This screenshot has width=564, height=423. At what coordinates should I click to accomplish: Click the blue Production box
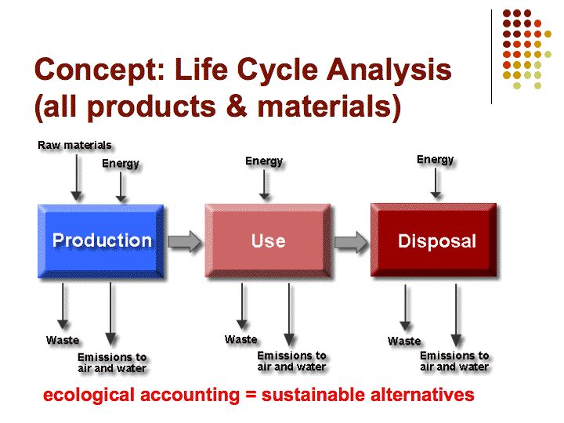[x=101, y=241]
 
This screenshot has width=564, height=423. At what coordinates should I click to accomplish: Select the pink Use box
[x=268, y=240]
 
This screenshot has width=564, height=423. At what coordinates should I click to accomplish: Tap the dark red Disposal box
[x=433, y=240]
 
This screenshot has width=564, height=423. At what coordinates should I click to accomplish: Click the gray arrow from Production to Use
[x=185, y=241]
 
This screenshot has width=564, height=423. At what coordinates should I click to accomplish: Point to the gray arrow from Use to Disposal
[x=351, y=242]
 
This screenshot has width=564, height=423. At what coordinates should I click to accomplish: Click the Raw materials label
[x=74, y=146]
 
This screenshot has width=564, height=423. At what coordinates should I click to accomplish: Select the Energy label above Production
[x=121, y=164]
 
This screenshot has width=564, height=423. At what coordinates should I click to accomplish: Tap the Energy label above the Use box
[x=264, y=161]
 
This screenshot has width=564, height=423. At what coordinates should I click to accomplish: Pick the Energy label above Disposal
[x=436, y=159]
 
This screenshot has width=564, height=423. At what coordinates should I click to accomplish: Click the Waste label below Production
[x=63, y=340]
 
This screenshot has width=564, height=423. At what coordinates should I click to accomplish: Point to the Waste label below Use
[x=241, y=339]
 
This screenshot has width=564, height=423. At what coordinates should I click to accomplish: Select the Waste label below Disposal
[x=404, y=341]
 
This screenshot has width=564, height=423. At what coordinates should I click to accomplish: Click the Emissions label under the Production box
[x=112, y=363]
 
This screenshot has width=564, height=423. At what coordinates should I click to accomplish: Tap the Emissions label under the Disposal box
[x=454, y=361]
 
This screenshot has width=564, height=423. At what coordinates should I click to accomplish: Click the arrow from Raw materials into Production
[x=76, y=178]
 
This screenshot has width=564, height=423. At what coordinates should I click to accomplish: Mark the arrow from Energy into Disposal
[x=436, y=183]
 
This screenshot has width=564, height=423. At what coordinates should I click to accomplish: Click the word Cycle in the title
[x=277, y=70]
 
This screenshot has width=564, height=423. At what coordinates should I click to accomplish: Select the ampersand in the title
[x=237, y=106]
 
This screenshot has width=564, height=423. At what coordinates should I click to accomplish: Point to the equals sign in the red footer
[x=251, y=395]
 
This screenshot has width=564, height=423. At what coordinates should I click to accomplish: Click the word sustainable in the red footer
[x=313, y=395]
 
